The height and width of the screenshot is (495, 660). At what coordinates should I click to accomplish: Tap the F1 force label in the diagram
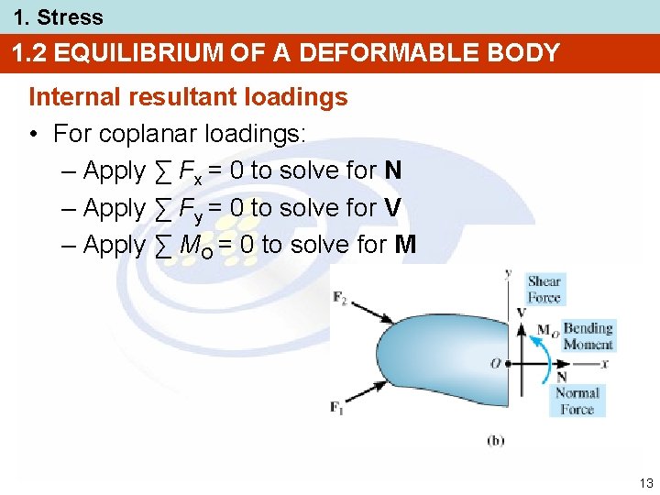coord(337,408)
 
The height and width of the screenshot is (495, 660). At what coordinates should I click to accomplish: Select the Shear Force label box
coord(544,289)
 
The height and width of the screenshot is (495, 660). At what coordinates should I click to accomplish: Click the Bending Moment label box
coord(588,336)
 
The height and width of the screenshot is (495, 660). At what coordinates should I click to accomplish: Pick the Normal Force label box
coord(577,401)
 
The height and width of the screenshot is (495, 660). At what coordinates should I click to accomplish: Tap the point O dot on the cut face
coord(508,364)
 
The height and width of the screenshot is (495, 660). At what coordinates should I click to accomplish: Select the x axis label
coord(606,364)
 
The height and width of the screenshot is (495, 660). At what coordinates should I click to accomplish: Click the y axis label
coord(508,273)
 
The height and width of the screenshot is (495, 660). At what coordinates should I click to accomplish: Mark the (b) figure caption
coord(495,440)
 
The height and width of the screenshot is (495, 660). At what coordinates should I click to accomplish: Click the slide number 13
coord(645,483)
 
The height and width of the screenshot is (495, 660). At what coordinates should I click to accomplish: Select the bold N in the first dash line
coord(392,170)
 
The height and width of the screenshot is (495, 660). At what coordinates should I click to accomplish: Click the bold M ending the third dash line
coord(404,245)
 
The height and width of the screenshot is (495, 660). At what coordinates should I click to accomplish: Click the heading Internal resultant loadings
coord(188,96)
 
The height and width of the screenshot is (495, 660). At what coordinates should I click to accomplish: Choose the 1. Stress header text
coord(58,16)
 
